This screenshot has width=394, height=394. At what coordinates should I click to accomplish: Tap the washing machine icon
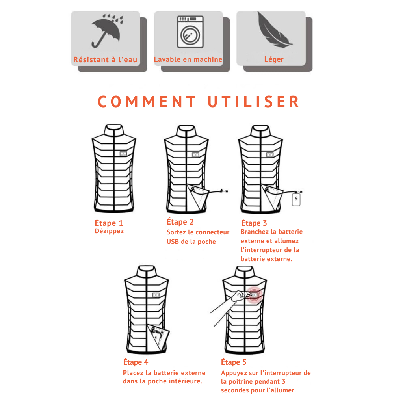pyautogui.click(x=190, y=32)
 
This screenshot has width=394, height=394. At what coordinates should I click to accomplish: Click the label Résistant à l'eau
pyautogui.click(x=105, y=60)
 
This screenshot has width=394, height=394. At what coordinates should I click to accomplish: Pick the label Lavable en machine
pyautogui.click(x=188, y=59)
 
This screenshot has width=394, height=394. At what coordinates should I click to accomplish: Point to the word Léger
pyautogui.click(x=274, y=59)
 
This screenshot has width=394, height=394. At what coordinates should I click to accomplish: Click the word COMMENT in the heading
pyautogui.click(x=147, y=102)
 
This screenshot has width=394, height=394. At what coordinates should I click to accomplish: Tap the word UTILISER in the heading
pyautogui.click(x=253, y=102)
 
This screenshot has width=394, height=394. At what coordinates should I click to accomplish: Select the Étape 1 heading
pyautogui.click(x=109, y=223)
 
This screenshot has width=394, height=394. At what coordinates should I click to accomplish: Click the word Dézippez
pyautogui.click(x=109, y=231)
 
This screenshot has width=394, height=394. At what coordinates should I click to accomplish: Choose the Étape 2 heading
pyautogui.click(x=180, y=222)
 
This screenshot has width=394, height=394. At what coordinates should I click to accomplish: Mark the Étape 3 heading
pyautogui.click(x=254, y=223)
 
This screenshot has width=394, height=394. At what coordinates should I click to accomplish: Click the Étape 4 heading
pyautogui.click(x=136, y=362)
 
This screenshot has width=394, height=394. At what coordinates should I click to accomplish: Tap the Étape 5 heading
pyautogui.click(x=234, y=362)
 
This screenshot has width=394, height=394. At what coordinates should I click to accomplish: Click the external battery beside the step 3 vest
pyautogui.click(x=296, y=199)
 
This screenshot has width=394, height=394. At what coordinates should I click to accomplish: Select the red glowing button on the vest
pyautogui.click(x=255, y=294)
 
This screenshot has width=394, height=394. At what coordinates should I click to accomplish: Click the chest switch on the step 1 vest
pyautogui.click(x=123, y=154)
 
